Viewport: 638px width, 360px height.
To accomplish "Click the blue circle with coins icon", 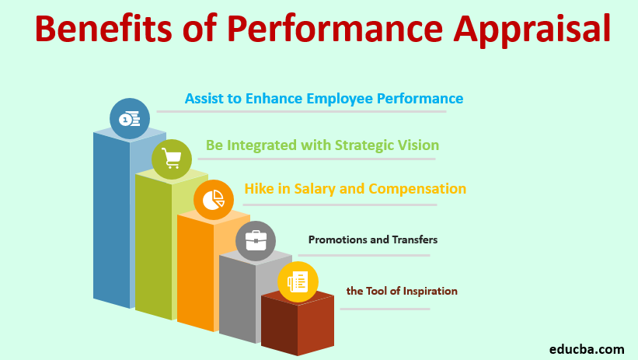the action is (x=130, y=118).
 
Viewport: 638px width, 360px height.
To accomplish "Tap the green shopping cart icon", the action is (x=172, y=159).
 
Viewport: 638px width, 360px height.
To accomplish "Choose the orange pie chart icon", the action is (x=214, y=200).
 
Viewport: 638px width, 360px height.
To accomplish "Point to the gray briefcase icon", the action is (x=256, y=241).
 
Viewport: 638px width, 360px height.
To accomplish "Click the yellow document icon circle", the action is (x=298, y=281).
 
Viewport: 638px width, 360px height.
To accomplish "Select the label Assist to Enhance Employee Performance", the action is (x=324, y=99).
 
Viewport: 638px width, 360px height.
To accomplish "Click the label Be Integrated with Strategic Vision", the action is (x=322, y=145).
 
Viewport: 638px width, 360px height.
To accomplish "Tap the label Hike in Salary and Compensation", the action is (x=355, y=189).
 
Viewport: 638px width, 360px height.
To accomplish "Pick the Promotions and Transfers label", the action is (x=373, y=239).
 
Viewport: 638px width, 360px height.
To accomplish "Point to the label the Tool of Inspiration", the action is (x=402, y=291).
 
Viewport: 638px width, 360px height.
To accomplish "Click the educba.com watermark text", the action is (x=587, y=349).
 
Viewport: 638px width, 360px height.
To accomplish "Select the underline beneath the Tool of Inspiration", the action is (x=385, y=309).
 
